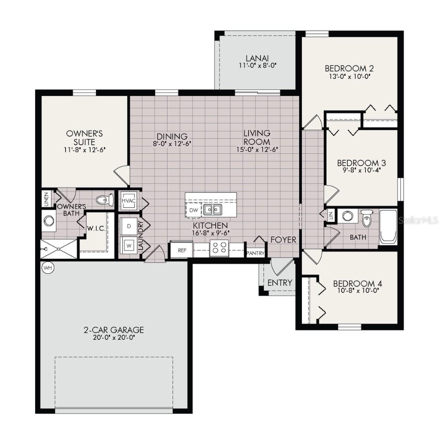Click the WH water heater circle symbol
tap(47, 267)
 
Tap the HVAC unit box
tap(128, 201)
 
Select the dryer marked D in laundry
tap(129, 225)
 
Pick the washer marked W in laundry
tap(129, 244)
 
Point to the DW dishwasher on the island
tap(194, 210)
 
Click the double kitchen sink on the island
tap(213, 209)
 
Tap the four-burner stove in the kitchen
tap(219, 249)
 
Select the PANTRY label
tap(255, 253)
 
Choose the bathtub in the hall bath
tap(388, 227)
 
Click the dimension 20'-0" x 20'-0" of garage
tap(114, 338)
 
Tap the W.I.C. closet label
tap(95, 228)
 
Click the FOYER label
tap(283, 240)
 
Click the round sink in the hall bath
tap(348, 216)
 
